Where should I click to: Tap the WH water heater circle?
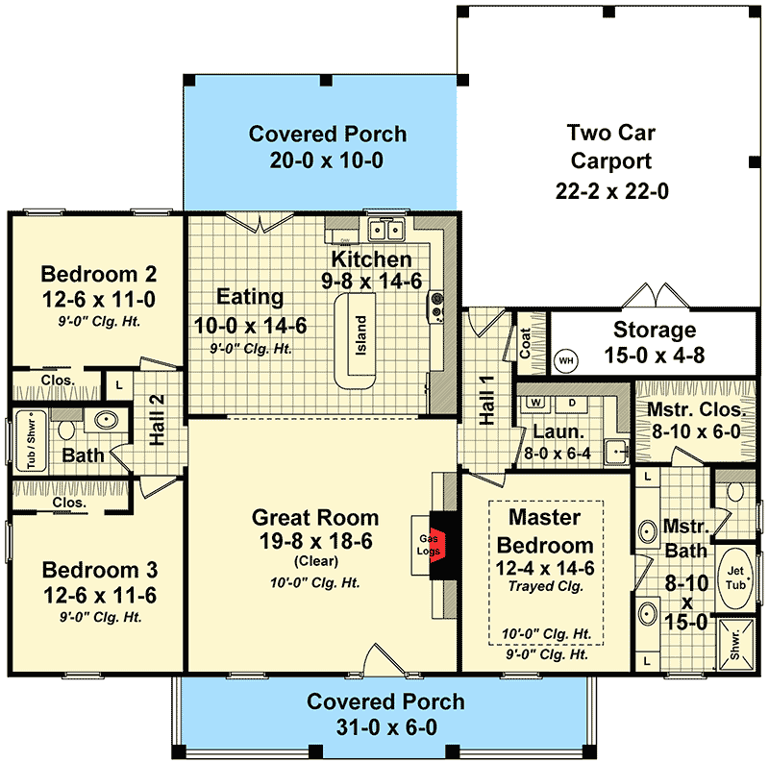coord(567,359)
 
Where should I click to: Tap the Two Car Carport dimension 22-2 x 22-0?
coord(611,190)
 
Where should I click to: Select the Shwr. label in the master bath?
coord(738,645)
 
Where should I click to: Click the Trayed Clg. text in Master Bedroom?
coord(545,586)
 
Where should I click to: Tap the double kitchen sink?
coord(388,230)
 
